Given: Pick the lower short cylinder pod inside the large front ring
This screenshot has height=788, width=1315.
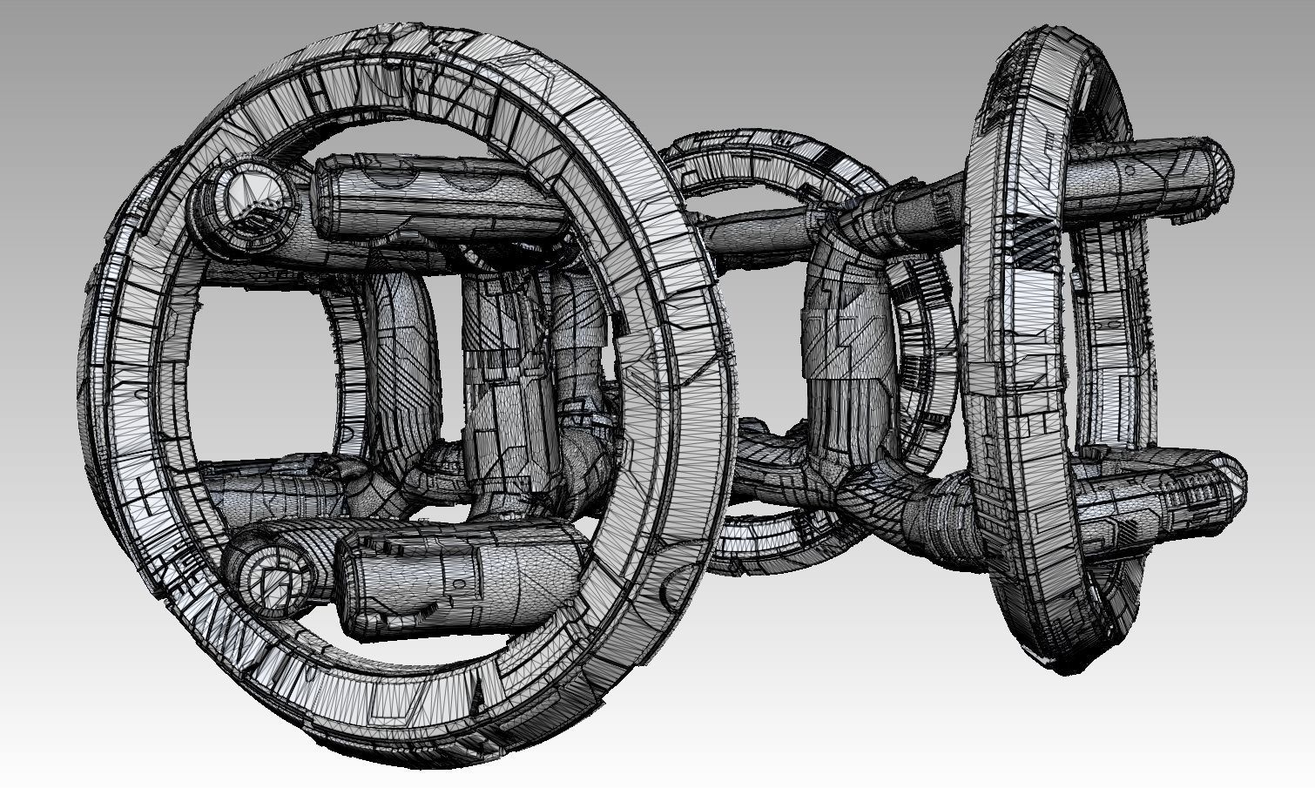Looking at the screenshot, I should [x=462, y=570].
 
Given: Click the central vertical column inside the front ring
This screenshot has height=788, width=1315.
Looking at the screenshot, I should [x=509, y=383].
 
